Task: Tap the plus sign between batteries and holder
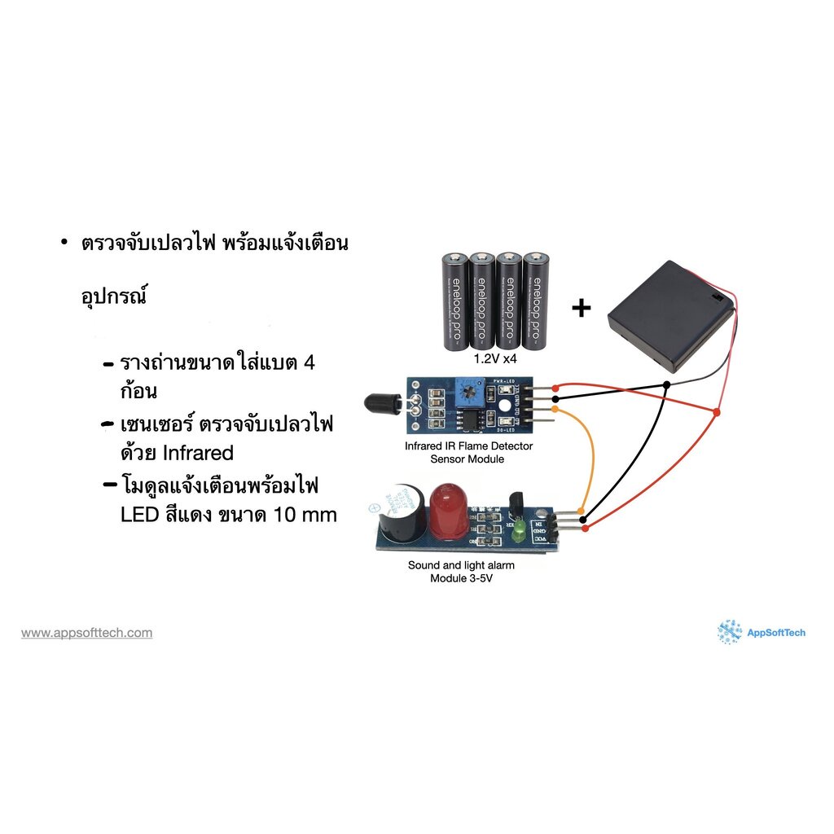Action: coord(581,309)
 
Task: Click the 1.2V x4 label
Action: coord(496,358)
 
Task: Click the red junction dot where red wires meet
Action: coord(717,413)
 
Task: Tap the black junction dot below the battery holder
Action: coord(667,384)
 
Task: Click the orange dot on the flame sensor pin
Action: coord(555,409)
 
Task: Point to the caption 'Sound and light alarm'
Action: coord(461,565)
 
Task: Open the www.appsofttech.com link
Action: coord(86,633)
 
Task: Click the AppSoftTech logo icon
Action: coord(729,632)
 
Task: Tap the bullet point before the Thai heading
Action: coord(64,244)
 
